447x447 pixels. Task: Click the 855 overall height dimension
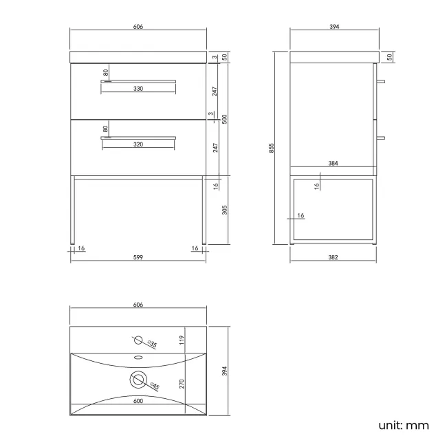[x=272, y=147]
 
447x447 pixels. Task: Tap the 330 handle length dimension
[x=138, y=89]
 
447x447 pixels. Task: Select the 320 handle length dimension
[x=138, y=145]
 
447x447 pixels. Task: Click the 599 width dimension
[x=138, y=257]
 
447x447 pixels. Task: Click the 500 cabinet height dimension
[x=224, y=118]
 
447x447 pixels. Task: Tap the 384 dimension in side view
[x=334, y=164]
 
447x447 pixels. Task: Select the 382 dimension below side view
[x=334, y=257]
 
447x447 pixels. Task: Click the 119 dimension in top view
[x=182, y=339]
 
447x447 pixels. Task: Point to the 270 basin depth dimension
[x=182, y=383]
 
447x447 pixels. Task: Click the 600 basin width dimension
[x=138, y=400]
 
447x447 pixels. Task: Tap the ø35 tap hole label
[x=153, y=344]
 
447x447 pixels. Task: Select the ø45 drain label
[x=155, y=387]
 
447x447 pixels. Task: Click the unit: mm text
[x=404, y=425]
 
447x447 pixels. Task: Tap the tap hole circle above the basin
[x=138, y=340]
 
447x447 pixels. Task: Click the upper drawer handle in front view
[x=138, y=80]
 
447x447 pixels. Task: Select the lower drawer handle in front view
[x=138, y=138]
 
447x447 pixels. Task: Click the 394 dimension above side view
[x=334, y=27]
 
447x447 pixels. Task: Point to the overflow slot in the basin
[x=138, y=358]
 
